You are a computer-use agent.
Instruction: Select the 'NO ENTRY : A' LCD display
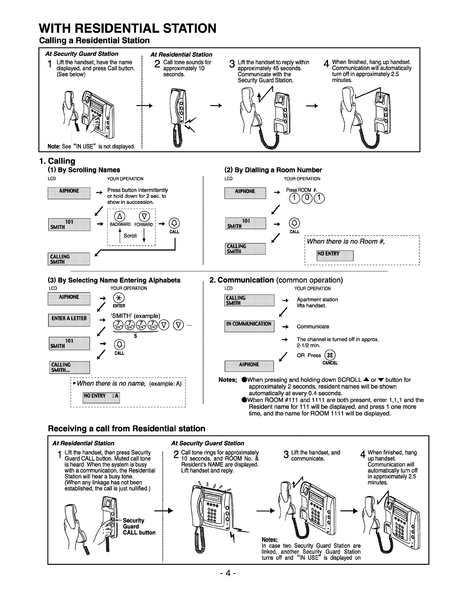(x=101, y=396)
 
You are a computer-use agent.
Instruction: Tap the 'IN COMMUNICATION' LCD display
(x=249, y=324)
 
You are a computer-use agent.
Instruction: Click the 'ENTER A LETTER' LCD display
(x=69, y=319)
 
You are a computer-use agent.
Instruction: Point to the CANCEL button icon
(x=330, y=355)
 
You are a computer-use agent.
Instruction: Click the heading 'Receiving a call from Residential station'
(x=127, y=429)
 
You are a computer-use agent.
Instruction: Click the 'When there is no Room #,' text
(x=345, y=241)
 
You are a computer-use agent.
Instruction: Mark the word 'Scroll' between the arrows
(x=130, y=236)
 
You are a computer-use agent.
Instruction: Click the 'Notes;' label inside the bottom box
(x=270, y=540)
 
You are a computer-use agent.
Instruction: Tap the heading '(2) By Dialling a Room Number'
(x=273, y=170)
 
